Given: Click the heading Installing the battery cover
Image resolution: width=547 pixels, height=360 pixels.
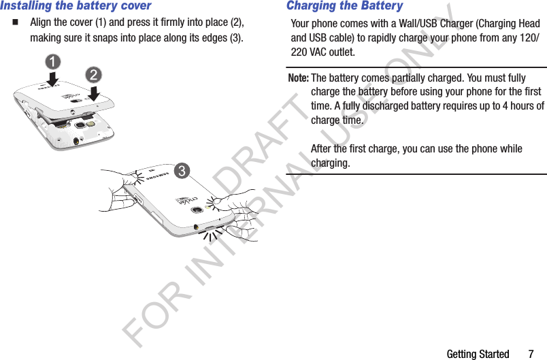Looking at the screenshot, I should [76, 6].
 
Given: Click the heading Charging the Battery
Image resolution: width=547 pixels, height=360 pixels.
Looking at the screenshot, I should [344, 6].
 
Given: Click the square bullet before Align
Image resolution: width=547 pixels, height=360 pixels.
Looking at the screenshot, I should [14, 22].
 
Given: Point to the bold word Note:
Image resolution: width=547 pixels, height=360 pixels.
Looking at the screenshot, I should [299, 78].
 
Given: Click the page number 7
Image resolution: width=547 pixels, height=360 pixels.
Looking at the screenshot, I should [531, 354].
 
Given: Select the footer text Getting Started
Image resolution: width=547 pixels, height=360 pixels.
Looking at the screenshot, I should [478, 354].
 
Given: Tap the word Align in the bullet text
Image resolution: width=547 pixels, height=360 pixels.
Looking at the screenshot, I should [43, 22].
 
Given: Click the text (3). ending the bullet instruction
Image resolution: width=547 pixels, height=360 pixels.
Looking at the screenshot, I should [235, 37].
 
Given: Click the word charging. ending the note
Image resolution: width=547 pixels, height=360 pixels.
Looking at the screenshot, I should [331, 163].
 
